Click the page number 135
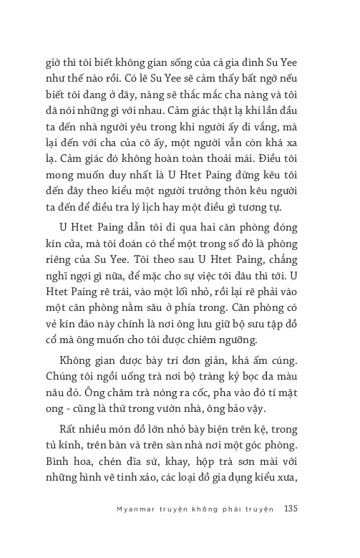291,509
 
